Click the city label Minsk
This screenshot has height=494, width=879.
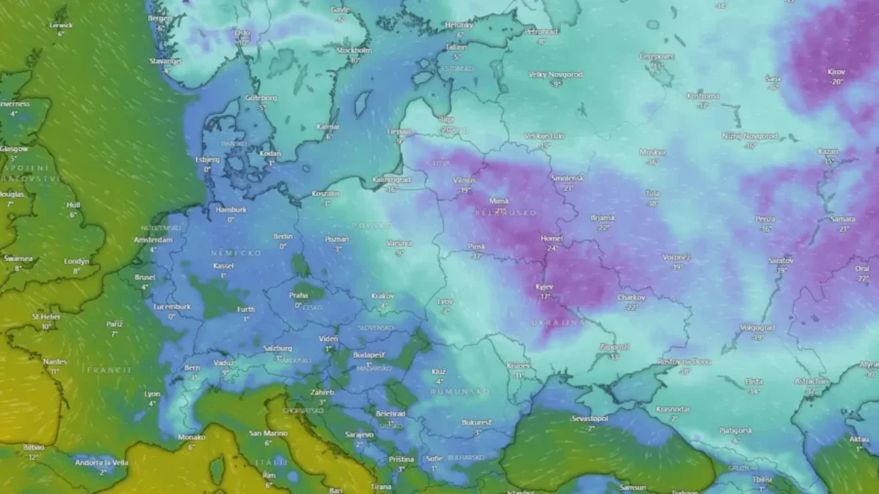point(500,201)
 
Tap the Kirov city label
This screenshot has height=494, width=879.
point(836,72)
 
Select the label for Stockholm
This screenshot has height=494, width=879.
point(354,50)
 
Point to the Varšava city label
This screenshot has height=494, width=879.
point(399,243)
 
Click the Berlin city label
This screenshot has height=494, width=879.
point(283,236)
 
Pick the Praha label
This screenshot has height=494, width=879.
point(298,296)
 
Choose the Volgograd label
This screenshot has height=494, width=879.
point(757,327)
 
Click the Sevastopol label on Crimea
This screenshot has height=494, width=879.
point(590,419)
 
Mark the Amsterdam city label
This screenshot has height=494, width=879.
point(153,240)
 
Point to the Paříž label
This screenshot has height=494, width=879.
point(114,323)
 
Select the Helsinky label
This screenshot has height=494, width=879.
point(460,25)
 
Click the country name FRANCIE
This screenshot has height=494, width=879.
point(109,370)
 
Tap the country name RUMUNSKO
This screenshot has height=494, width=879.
point(460,392)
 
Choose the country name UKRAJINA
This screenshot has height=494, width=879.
point(558,322)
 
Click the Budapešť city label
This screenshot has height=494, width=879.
point(369,354)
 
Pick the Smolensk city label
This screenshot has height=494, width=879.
point(568,178)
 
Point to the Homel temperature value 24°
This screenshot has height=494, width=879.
point(552,248)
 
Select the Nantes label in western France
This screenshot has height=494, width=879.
point(54,362)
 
